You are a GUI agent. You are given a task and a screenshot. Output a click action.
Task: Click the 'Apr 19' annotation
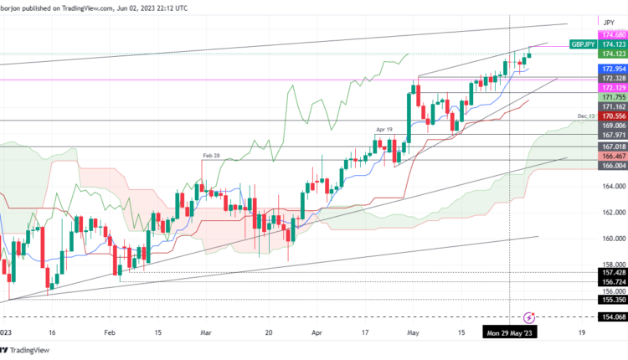[384, 130]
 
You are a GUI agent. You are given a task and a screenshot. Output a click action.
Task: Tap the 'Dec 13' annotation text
[585, 116]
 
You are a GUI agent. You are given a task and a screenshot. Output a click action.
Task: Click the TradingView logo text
[33, 351]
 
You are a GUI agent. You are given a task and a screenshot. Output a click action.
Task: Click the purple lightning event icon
[529, 317]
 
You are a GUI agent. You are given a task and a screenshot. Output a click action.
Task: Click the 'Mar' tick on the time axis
[207, 332]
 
